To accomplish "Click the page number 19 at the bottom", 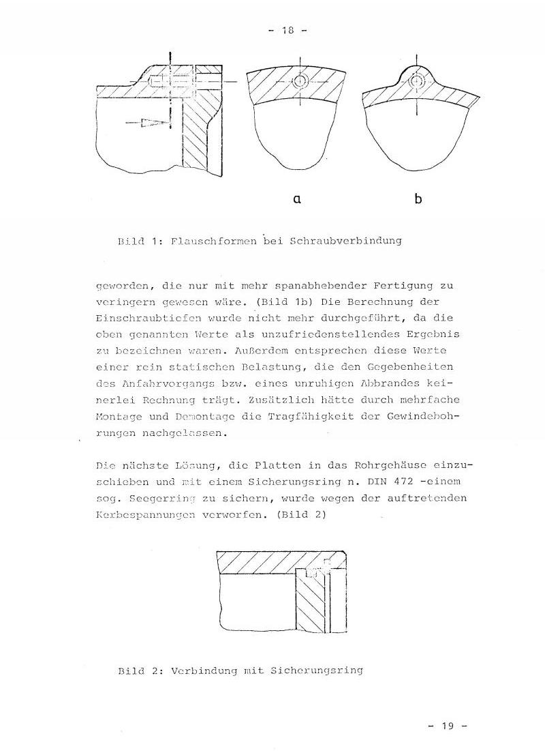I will (x=447, y=726).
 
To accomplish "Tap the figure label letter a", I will (x=296, y=198).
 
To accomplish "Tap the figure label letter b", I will (x=418, y=198).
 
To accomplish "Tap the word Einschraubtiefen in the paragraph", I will (x=145, y=317).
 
